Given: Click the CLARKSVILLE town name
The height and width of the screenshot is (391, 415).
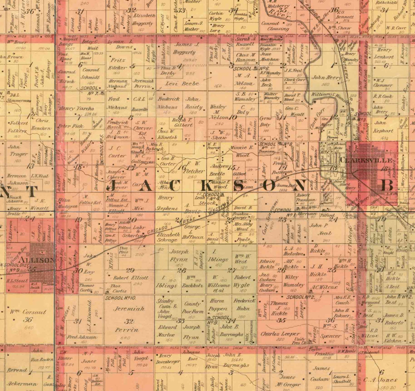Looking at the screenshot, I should coord(366,160).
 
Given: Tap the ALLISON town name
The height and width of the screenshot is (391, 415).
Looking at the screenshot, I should coord(36,260).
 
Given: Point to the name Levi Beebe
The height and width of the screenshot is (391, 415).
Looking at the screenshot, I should coord(182,83).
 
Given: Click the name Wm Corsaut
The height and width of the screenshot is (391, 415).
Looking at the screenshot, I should coord(28,312).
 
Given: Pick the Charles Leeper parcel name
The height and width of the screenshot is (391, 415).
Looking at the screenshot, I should coord(280,334).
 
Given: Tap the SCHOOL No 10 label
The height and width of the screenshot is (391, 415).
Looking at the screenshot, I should coord(120,298).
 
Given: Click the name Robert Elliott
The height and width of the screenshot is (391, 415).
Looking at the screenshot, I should coord(131,278).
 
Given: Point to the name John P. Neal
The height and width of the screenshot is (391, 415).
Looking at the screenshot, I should coord(319,229).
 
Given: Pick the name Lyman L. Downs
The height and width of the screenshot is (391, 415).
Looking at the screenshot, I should coord(121,44).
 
